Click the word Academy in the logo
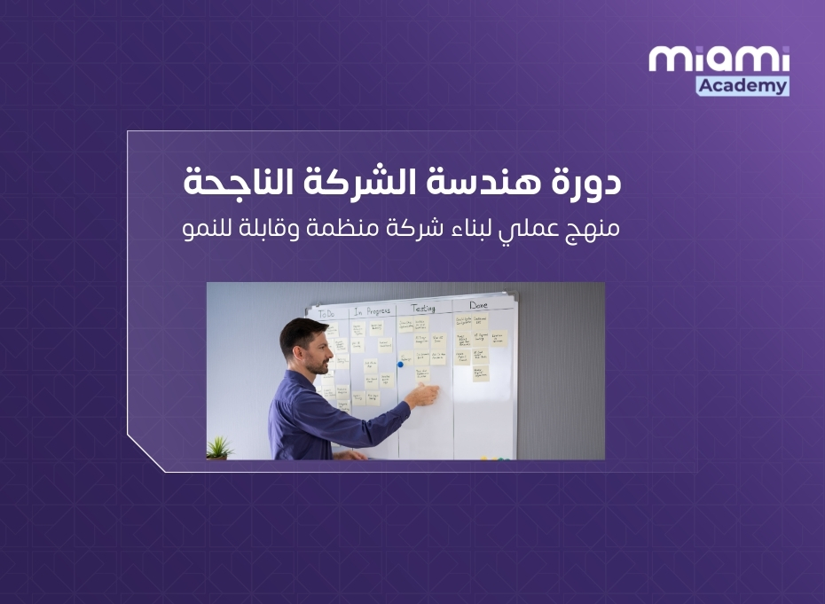742,85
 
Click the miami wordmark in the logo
719,59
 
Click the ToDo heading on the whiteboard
327,312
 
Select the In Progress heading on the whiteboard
372,310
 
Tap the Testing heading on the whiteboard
423,308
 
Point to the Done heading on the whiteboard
478,306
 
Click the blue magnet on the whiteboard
400,364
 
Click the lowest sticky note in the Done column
480,373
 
